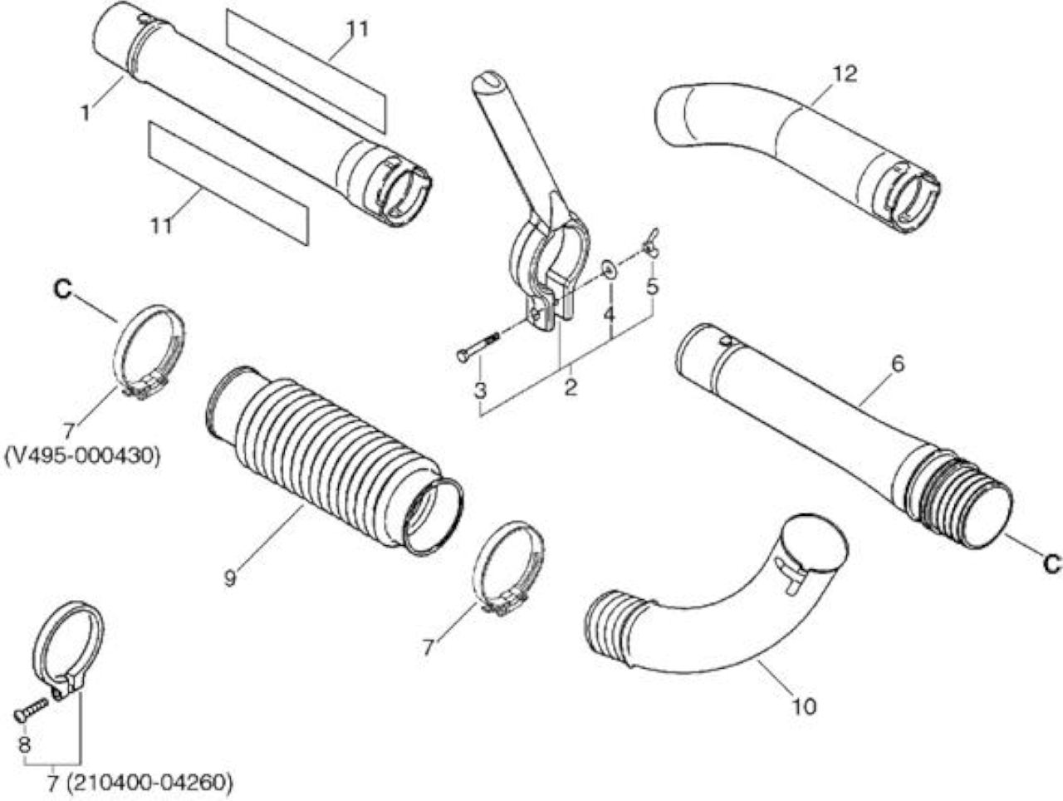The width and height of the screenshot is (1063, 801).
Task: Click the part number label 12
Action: (x=845, y=74)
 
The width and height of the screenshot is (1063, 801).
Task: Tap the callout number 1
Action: (x=86, y=113)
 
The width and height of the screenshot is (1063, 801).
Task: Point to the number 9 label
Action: (x=229, y=578)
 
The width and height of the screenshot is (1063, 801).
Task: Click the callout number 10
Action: (x=804, y=706)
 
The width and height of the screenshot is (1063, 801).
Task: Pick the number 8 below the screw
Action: (x=24, y=744)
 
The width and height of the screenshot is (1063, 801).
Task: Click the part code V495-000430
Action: (x=82, y=456)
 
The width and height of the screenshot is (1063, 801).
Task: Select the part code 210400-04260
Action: (x=147, y=783)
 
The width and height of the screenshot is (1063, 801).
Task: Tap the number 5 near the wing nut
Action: (x=652, y=287)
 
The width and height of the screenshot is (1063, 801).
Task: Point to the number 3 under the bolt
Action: (x=480, y=390)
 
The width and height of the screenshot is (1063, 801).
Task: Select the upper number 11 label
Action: (x=357, y=30)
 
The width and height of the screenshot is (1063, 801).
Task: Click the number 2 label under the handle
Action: (x=571, y=388)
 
